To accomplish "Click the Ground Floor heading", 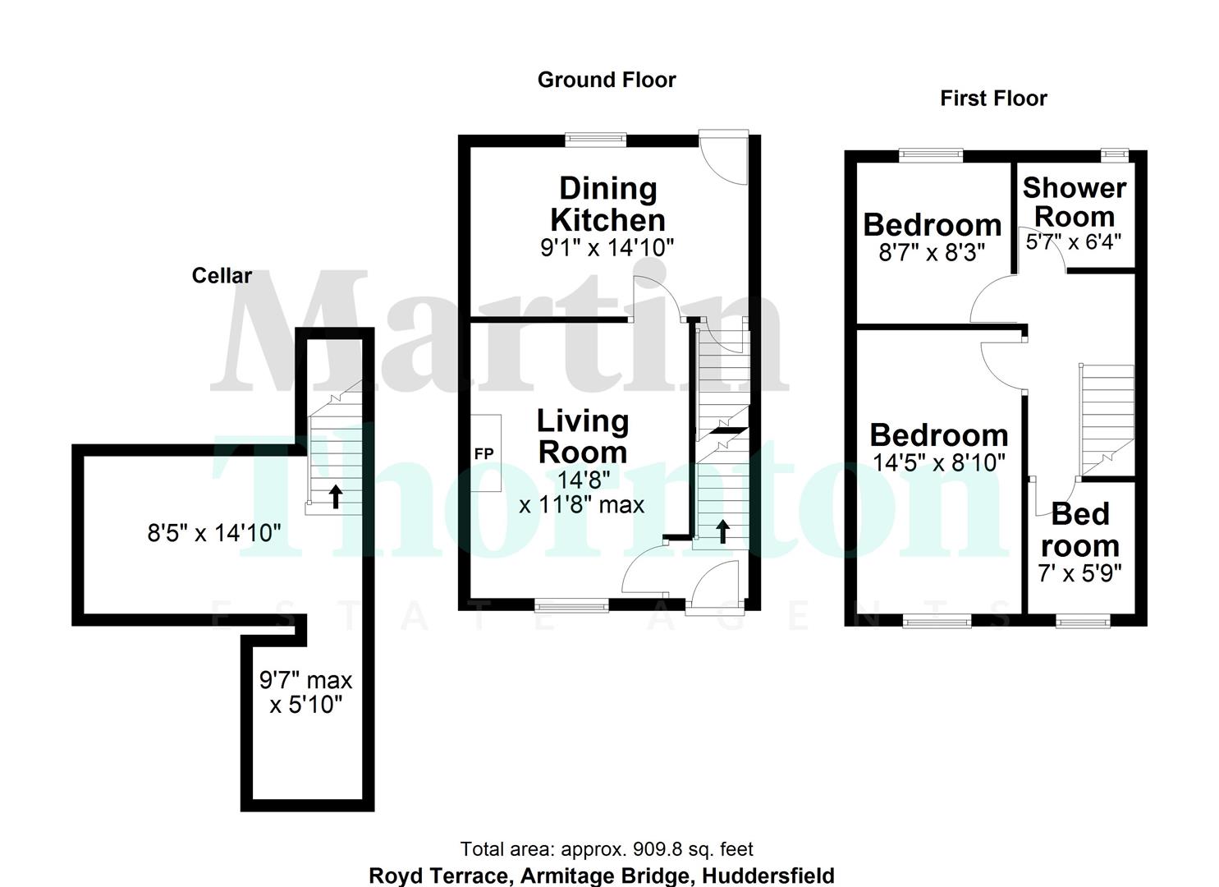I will tap(607, 80).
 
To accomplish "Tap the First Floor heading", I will tap(993, 99).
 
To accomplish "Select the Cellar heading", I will tap(222, 276).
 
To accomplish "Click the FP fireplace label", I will tap(484, 453).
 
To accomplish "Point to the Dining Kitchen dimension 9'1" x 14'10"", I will tap(607, 247).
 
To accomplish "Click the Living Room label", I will tap(583, 436).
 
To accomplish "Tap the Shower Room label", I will tap(1074, 202).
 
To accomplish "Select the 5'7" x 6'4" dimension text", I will tap(1074, 242).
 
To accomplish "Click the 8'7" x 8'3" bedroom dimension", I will tap(931, 252).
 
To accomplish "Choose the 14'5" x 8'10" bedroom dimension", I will tap(938, 462).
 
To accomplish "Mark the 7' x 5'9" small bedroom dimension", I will tap(1079, 573).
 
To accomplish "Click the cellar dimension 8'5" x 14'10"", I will tap(214, 534).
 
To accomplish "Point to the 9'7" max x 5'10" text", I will tap(305, 692).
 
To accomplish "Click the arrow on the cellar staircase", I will tap(336, 496).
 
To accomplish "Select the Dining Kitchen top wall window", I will tap(596, 140).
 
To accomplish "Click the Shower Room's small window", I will tap(1115, 154).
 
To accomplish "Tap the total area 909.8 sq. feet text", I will tap(606, 849).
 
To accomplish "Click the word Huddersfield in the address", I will tap(768, 876).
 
